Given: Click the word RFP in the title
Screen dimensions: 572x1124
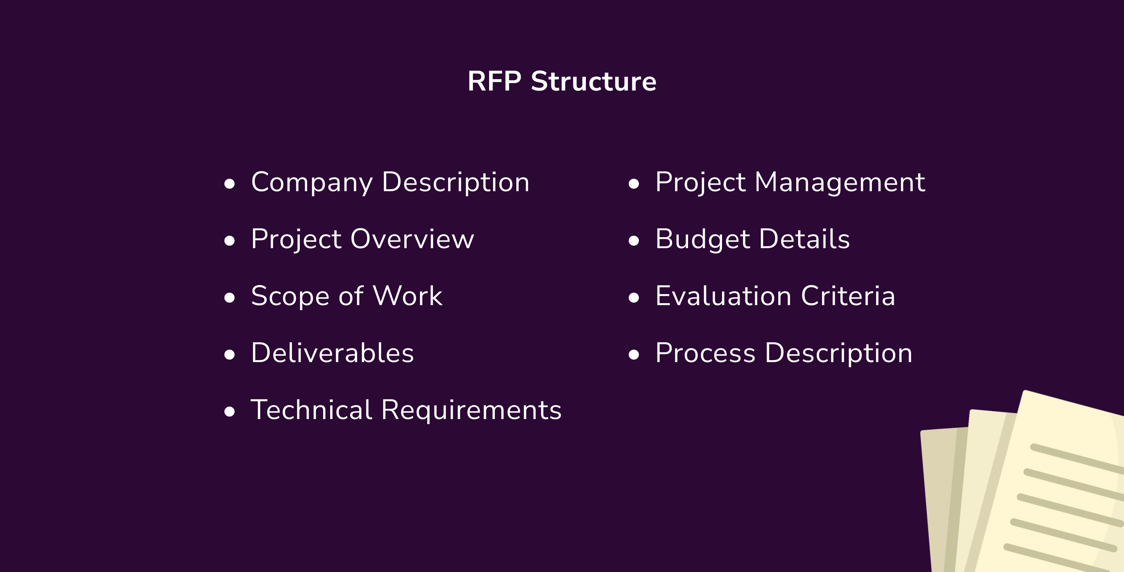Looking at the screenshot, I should (494, 81).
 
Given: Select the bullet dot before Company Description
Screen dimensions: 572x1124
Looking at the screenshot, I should (229, 184).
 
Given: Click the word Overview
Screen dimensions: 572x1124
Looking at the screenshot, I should (412, 239).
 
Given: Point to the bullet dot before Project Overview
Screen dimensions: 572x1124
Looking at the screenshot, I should (229, 240).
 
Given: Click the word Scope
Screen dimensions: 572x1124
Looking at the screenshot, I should (290, 297).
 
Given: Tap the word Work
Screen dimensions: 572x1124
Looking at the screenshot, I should (407, 296).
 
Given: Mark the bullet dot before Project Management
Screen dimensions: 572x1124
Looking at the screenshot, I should (633, 184).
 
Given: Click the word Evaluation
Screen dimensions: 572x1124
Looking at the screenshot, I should (723, 296).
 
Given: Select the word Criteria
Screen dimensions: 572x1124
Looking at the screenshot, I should (848, 296).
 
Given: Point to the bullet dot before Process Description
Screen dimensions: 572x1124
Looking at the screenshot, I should (633, 354).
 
